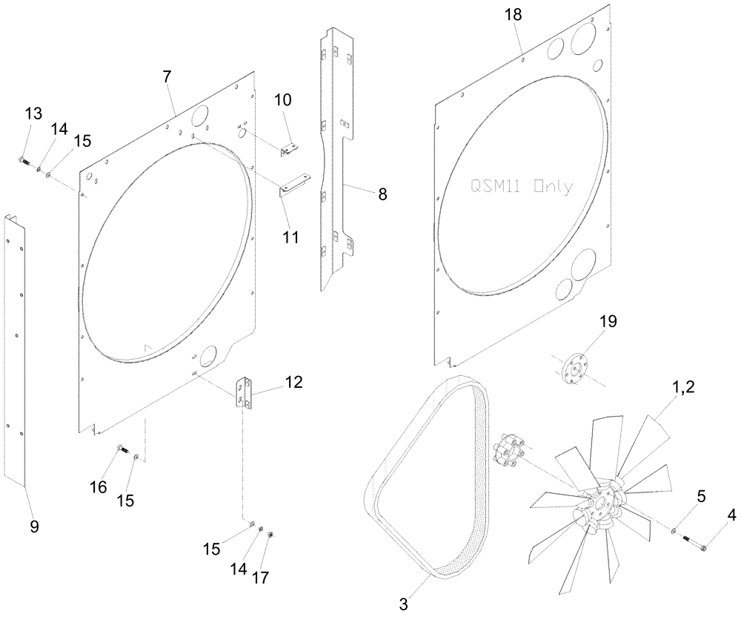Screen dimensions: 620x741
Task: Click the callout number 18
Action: pyautogui.click(x=513, y=14)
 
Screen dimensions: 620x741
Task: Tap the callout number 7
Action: pyautogui.click(x=167, y=76)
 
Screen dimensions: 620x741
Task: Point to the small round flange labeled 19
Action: pyautogui.click(x=573, y=369)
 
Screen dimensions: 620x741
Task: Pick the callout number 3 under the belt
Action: pyautogui.click(x=403, y=604)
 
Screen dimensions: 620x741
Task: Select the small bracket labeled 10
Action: pyautogui.click(x=288, y=151)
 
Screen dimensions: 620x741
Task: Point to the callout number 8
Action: pyautogui.click(x=382, y=195)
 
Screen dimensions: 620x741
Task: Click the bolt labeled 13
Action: pyautogui.click(x=21, y=160)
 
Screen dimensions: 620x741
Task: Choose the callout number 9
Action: pyautogui.click(x=33, y=527)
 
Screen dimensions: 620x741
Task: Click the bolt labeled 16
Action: pyautogui.click(x=122, y=449)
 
